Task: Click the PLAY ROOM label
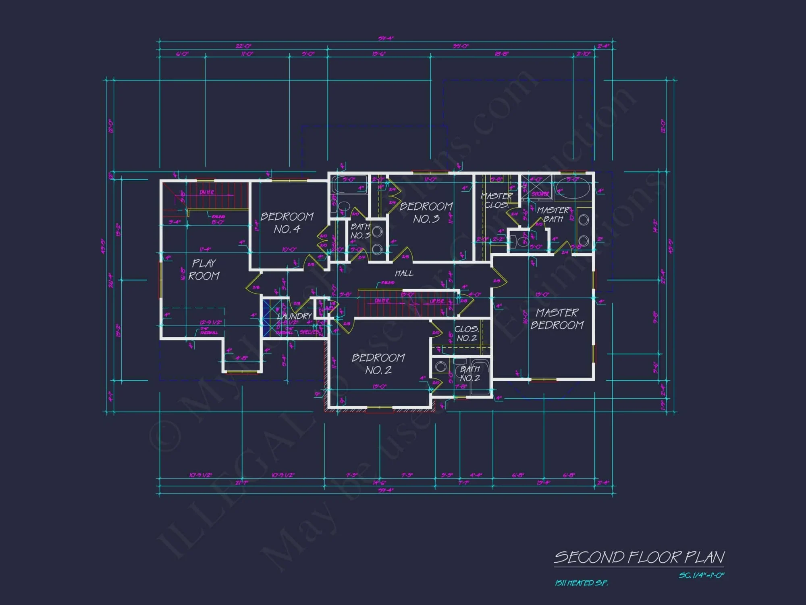coord(204,269)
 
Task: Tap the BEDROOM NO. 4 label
coord(287,223)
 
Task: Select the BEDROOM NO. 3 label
coord(426,213)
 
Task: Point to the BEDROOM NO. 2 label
coord(378,364)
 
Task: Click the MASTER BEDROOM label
coord(557,319)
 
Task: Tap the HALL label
coord(404,273)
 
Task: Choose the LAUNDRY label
coord(295,316)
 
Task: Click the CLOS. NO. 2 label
coord(467,334)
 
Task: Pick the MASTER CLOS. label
coord(496,200)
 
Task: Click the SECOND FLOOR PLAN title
coord(639,557)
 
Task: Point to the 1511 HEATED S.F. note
coord(581,583)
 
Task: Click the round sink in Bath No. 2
coord(440,367)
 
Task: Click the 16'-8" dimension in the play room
coord(183,274)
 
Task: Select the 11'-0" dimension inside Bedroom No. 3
coord(430,179)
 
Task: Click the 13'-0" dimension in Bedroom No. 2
coord(379,387)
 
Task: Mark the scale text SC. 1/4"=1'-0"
coord(702,576)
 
